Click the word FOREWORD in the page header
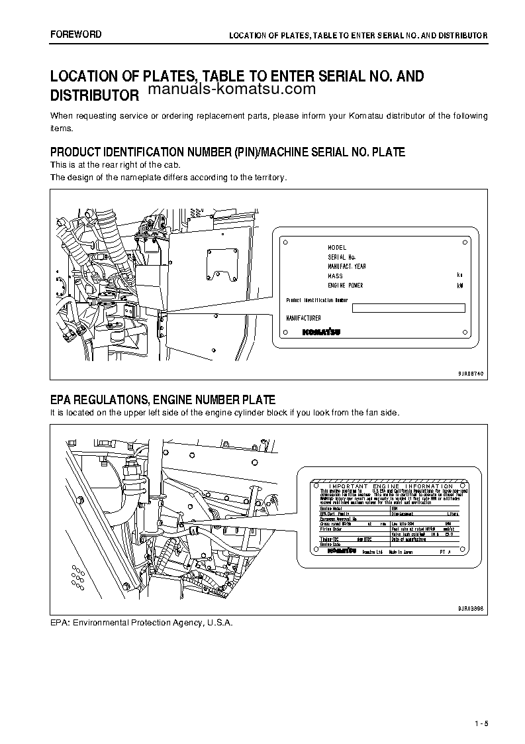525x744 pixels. click(x=76, y=34)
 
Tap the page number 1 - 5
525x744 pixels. click(x=481, y=723)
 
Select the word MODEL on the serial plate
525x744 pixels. click(x=337, y=248)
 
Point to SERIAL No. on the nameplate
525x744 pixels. click(x=342, y=257)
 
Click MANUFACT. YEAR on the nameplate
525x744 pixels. click(x=347, y=266)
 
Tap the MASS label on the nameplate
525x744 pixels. click(x=335, y=276)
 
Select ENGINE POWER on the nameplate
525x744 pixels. click(x=346, y=286)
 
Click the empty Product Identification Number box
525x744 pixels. click(x=408, y=307)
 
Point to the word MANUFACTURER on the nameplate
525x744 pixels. click(x=304, y=319)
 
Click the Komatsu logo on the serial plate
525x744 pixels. click(x=322, y=332)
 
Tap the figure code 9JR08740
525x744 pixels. click(x=471, y=374)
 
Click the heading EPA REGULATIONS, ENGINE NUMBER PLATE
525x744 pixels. click(x=163, y=399)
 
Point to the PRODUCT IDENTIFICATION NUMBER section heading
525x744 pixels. click(x=228, y=152)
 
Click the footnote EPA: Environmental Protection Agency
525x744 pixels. click(x=142, y=623)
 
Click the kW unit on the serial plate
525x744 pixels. click(x=460, y=286)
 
